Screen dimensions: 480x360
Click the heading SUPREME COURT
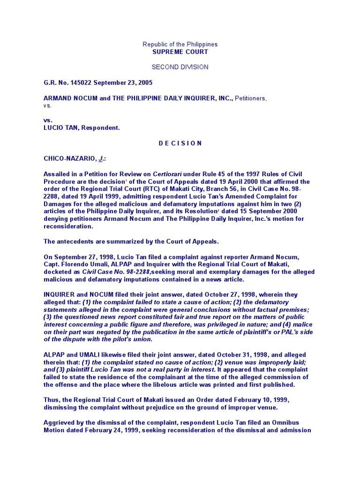pos(180,52)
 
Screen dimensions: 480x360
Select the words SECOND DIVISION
pos(180,67)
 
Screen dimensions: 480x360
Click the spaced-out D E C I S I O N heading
pos(180,143)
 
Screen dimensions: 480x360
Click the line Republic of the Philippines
pos(180,45)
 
